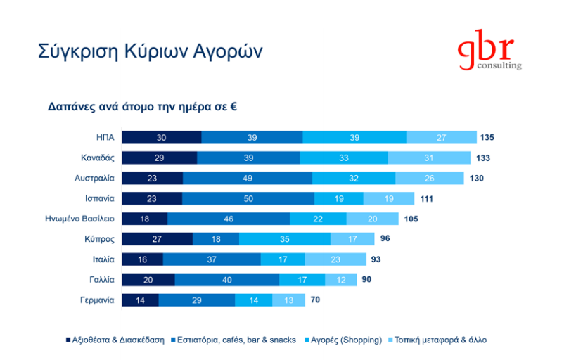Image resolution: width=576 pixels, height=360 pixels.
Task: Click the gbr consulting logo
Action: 489,53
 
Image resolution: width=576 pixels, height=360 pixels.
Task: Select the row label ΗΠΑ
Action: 105,138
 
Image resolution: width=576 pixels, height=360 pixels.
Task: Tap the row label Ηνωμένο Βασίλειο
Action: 79,219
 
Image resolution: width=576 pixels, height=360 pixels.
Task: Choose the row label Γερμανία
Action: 96,300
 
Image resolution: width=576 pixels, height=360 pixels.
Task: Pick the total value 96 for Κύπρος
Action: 385,239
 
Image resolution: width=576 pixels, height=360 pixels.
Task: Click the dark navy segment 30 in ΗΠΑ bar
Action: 161,138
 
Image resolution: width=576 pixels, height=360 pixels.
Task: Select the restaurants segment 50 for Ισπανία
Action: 248,198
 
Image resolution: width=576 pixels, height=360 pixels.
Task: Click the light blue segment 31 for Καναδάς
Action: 429,158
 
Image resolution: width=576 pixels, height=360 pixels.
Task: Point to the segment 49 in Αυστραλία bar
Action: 247,179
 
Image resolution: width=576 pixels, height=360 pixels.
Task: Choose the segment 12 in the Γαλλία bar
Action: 340,280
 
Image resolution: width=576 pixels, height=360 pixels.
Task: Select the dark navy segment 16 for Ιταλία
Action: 142,259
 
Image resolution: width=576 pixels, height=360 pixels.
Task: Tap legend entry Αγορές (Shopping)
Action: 343,340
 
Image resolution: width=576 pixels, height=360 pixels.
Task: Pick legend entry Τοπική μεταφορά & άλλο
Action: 439,340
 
